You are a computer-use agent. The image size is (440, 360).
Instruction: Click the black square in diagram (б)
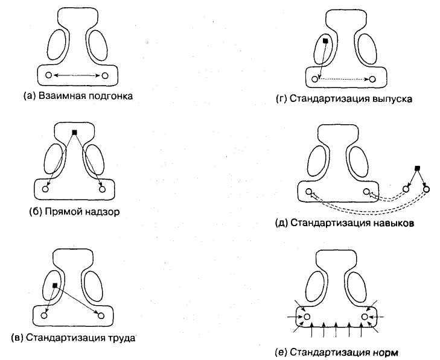[x=74, y=131]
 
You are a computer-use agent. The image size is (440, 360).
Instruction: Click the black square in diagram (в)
[x=55, y=285]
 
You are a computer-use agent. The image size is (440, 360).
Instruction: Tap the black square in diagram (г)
[x=325, y=41]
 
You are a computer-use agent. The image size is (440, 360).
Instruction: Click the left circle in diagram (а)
[x=47, y=75]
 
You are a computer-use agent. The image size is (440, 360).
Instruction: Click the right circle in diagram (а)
[x=105, y=75]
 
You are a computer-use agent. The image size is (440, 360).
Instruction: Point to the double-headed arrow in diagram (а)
[x=76, y=75]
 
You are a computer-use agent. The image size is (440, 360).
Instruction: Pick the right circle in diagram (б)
[x=103, y=189]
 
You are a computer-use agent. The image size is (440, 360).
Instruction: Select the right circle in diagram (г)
[x=373, y=79]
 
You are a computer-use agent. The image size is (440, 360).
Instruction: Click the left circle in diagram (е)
[x=307, y=316]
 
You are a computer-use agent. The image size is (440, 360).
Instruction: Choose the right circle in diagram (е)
[x=365, y=316]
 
